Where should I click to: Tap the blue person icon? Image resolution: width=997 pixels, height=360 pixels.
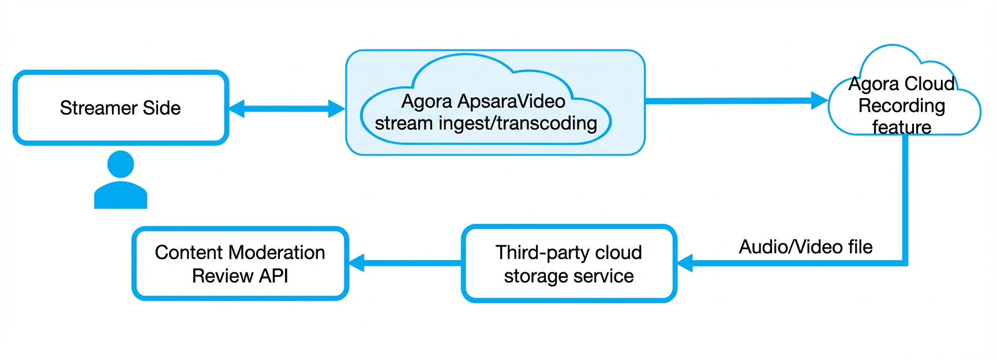(x=121, y=179)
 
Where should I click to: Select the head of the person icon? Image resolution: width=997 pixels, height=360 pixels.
(x=121, y=164)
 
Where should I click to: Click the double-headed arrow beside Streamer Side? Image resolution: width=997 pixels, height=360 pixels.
(x=287, y=108)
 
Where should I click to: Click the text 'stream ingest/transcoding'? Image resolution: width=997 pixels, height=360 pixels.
(x=486, y=123)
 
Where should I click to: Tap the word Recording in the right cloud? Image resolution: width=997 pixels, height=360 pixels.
(x=902, y=106)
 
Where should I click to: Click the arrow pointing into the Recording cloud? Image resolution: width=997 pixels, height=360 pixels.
(x=737, y=101)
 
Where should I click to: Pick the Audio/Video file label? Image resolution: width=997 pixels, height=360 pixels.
(x=805, y=247)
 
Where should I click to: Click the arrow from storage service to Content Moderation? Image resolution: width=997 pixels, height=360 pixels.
(x=406, y=263)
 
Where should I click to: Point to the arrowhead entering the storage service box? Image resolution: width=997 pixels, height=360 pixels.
(x=685, y=263)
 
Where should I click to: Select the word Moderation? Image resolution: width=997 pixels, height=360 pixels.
(x=277, y=253)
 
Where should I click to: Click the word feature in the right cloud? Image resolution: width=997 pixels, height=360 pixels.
(x=902, y=127)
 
